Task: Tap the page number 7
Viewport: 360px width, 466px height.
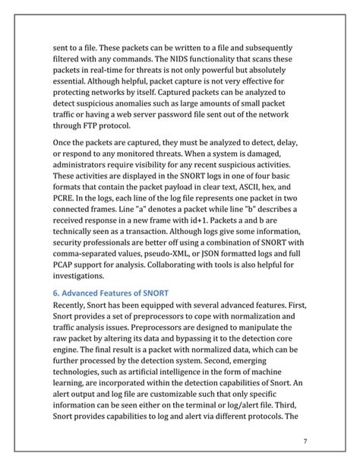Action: (305, 442)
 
